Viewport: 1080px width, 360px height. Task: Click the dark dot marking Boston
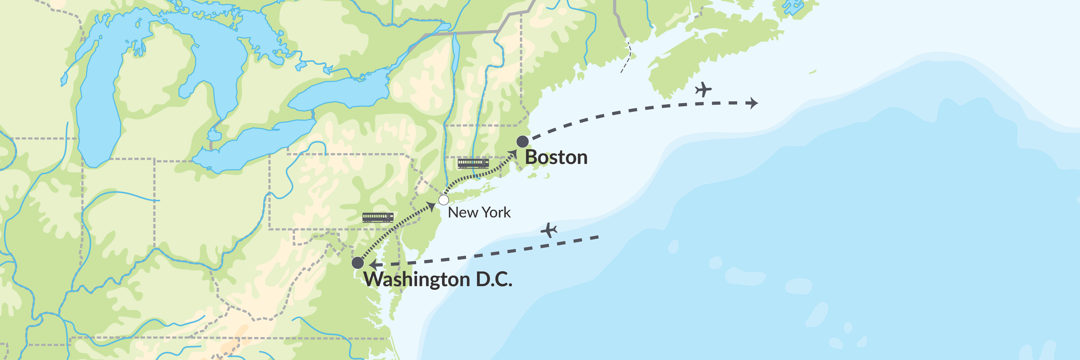[x=522, y=142]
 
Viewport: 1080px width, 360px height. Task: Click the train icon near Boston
[x=473, y=163]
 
